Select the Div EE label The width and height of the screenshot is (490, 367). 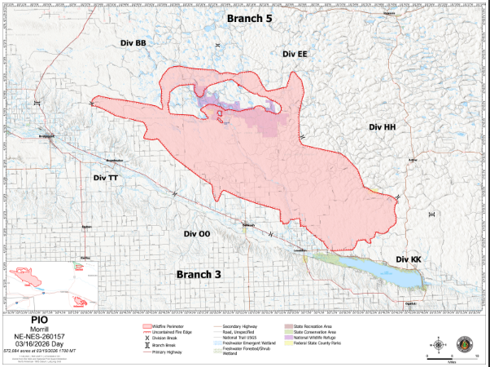295,53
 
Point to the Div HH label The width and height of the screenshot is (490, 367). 381,127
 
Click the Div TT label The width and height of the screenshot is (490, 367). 106,177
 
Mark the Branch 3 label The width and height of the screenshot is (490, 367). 199,274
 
